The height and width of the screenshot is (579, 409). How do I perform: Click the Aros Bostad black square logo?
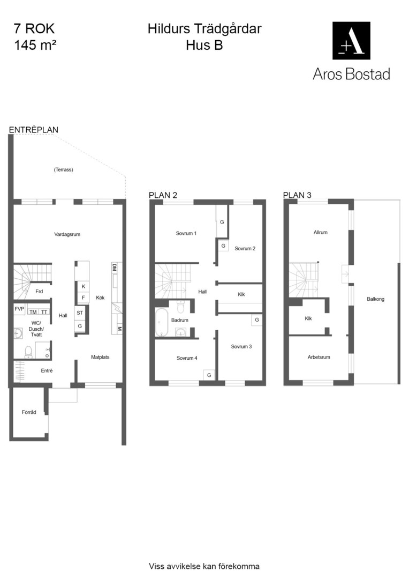(351, 40)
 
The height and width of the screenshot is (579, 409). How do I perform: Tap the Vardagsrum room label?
(67, 234)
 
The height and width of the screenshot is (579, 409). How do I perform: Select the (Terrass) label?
(63, 170)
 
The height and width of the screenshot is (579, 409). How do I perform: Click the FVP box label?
(19, 309)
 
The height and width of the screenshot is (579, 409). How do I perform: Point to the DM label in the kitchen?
(115, 268)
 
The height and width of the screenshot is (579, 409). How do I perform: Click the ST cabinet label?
(80, 313)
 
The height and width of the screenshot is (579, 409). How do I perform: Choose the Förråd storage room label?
(29, 412)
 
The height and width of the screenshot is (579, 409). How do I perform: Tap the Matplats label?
(100, 357)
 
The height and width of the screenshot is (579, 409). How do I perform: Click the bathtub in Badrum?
(161, 322)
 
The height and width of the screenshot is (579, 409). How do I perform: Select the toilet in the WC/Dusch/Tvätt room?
(28, 352)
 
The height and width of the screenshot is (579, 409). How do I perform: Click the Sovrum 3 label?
(241, 346)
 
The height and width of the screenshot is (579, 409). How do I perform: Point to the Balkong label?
(375, 299)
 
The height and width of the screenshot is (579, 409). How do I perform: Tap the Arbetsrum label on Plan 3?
(319, 357)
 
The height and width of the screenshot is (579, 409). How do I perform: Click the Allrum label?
(321, 232)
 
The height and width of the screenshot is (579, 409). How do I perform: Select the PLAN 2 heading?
(163, 195)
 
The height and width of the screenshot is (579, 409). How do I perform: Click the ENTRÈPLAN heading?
(34, 130)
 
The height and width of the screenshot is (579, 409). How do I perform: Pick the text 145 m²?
(35, 45)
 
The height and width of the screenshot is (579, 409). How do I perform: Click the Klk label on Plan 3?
(308, 318)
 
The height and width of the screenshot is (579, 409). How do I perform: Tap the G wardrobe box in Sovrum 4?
(209, 375)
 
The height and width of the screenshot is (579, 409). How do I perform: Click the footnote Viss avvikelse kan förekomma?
(204, 566)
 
